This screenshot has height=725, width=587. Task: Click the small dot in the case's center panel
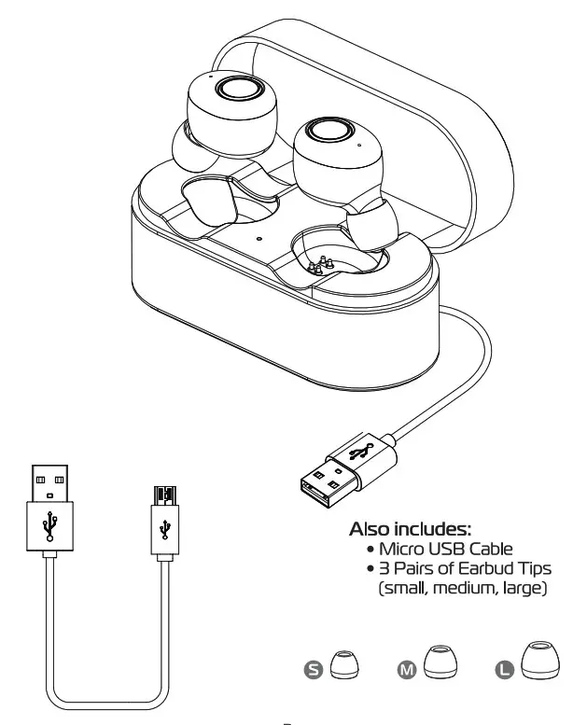tap(259, 237)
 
